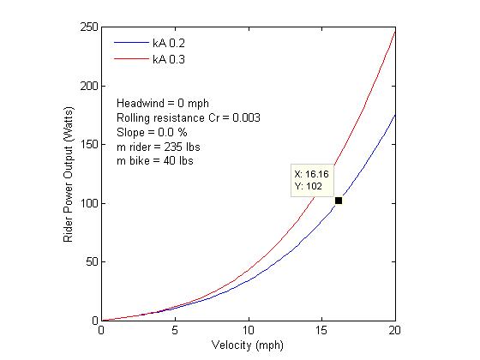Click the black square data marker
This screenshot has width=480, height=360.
(339, 201)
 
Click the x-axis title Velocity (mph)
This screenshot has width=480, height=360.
(248, 346)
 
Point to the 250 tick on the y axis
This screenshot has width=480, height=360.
(87, 27)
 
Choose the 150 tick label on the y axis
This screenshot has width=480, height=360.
(87, 145)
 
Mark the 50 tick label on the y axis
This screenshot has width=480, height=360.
(90, 262)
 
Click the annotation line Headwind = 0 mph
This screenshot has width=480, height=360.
(162, 103)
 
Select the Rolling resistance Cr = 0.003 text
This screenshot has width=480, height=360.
(188, 117)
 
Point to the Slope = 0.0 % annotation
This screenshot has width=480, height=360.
(151, 132)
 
